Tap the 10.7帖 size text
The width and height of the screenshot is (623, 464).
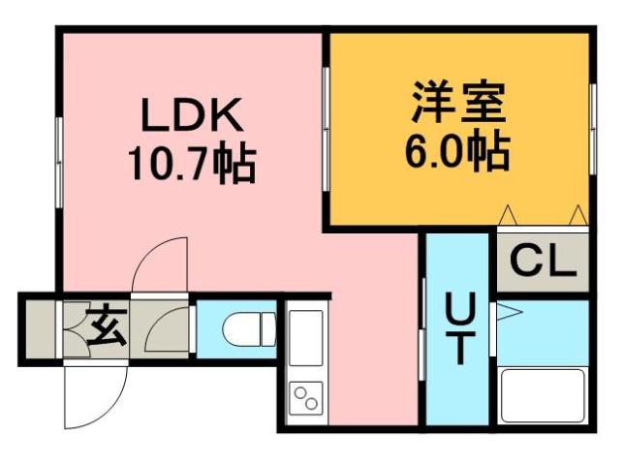pyautogui.click(x=192, y=165)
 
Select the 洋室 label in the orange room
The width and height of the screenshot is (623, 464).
pyautogui.click(x=456, y=105)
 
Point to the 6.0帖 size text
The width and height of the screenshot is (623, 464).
pyautogui.click(x=456, y=149)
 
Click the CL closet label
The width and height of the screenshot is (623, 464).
pyautogui.click(x=543, y=261)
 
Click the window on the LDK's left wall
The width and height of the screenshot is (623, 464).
pyautogui.click(x=60, y=145)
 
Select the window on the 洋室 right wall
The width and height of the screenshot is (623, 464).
pyautogui.click(x=591, y=116)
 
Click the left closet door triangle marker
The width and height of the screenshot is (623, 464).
pyautogui.click(x=508, y=214)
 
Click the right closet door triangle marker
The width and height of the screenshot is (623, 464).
pyautogui.click(x=578, y=214)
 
